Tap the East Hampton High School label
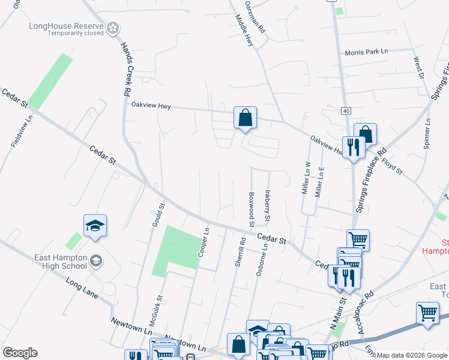(61, 261)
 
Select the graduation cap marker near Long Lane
(95, 227)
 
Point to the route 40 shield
(346, 111)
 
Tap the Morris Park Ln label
(366, 52)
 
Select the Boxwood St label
(251, 209)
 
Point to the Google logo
(20, 353)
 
